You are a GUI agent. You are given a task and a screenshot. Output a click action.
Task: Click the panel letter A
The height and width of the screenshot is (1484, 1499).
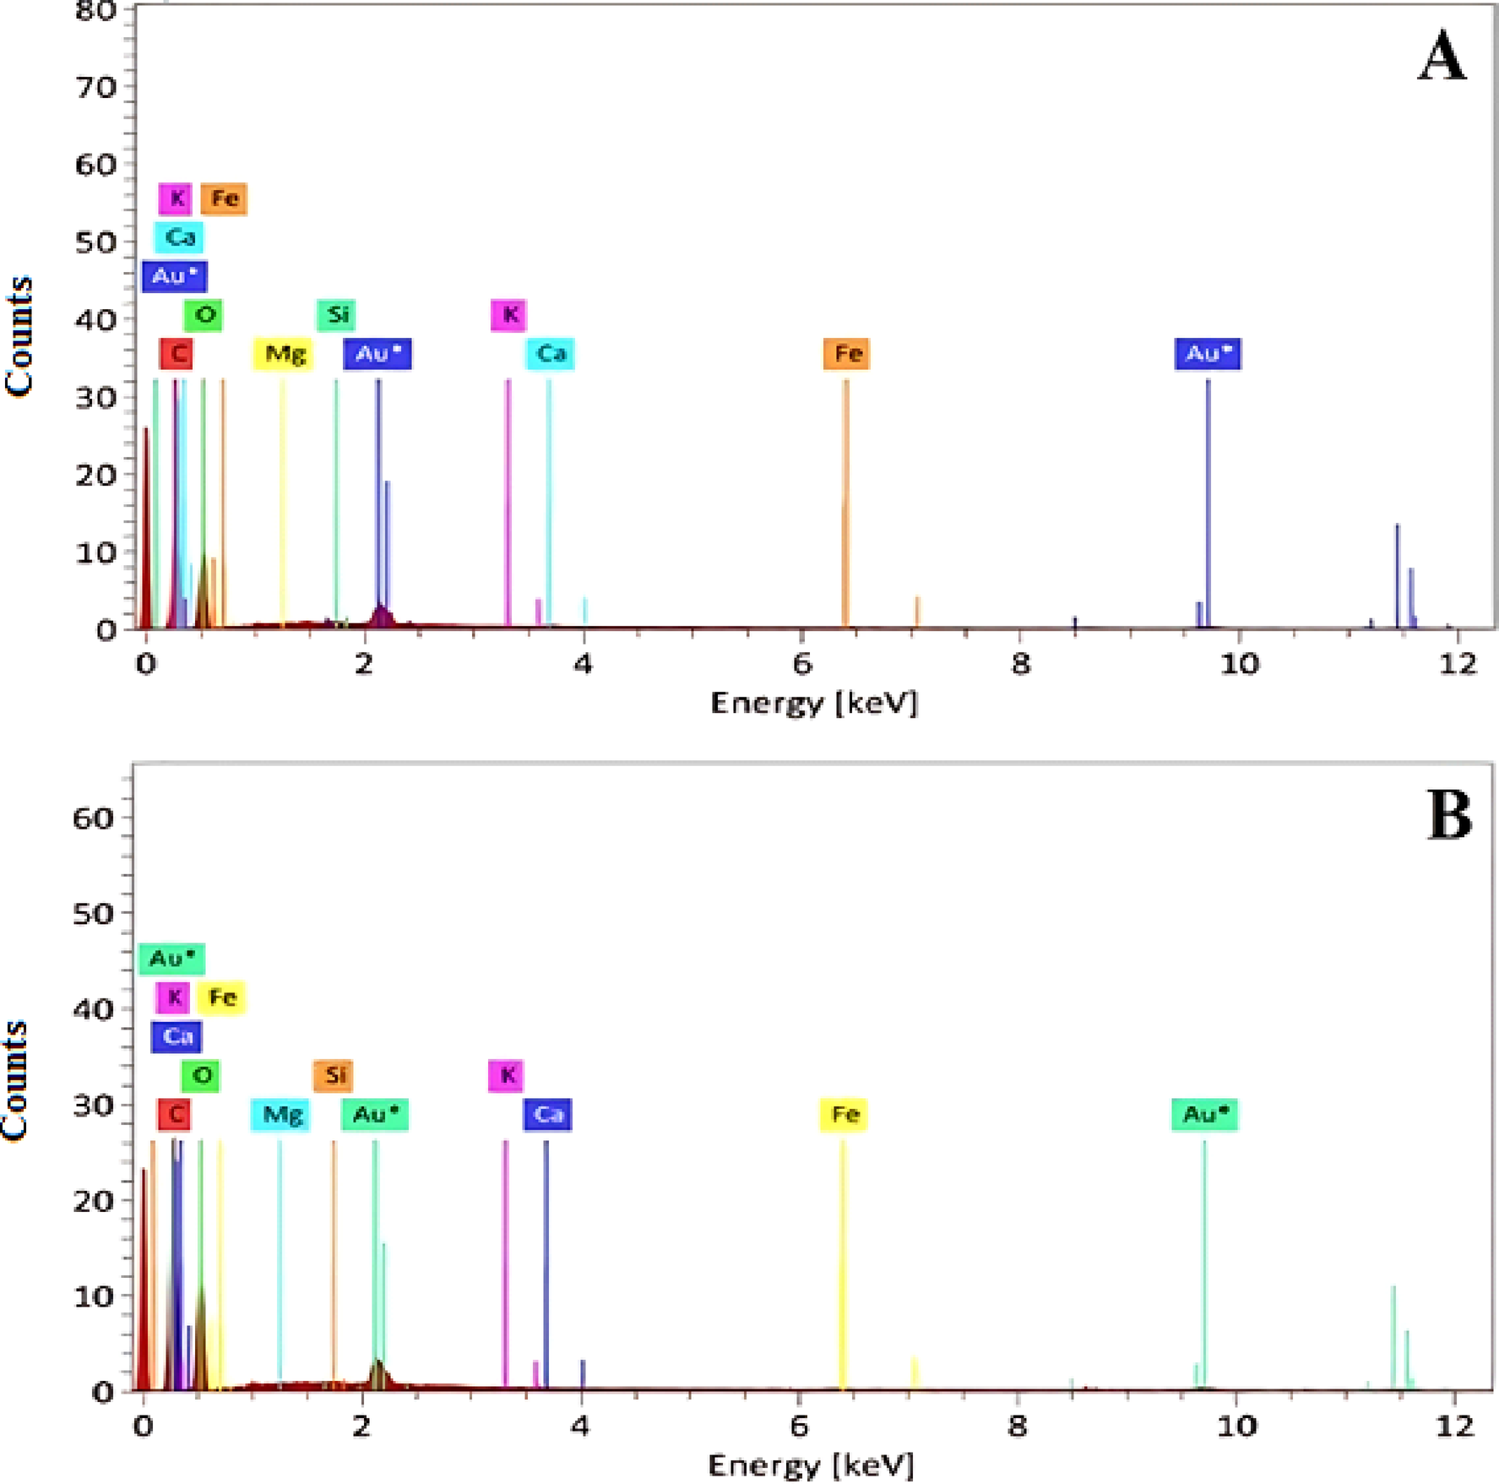[x=1442, y=57]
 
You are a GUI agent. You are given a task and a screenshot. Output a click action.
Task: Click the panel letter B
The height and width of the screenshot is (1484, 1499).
[x=1449, y=816]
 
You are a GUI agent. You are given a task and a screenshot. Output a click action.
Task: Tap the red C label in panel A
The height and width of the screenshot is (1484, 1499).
[x=177, y=353]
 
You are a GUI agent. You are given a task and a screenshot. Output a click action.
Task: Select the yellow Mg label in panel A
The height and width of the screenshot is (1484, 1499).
[x=284, y=353]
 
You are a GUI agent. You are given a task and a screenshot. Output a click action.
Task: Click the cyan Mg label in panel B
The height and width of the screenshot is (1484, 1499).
[x=281, y=1114]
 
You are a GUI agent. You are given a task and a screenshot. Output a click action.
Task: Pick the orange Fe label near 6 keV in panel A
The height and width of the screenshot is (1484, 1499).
[x=847, y=353]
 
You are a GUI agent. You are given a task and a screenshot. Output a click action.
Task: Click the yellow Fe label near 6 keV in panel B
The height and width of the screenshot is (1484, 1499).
[x=844, y=1114]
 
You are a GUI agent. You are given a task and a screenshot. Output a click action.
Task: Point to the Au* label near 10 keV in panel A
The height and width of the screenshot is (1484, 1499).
[x=1208, y=353]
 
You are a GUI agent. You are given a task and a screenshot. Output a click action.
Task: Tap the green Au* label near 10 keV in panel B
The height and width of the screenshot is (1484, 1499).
[x=1204, y=1114]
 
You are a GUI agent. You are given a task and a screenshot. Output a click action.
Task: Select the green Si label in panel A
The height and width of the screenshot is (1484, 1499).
[x=336, y=314]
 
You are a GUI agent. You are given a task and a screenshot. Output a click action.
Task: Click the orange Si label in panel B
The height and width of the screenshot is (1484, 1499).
[x=333, y=1075]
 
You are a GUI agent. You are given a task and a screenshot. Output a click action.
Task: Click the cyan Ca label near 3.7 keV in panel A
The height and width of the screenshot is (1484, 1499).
[x=550, y=353]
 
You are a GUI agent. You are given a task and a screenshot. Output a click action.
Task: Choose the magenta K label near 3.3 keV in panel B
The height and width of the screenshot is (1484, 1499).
[x=506, y=1075]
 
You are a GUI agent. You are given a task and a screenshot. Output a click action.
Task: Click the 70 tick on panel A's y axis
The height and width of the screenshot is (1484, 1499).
[x=95, y=86]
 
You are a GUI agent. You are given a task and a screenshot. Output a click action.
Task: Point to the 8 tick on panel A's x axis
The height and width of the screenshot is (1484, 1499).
[x=1020, y=664]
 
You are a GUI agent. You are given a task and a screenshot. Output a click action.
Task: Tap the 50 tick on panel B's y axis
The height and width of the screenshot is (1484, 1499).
[x=93, y=913]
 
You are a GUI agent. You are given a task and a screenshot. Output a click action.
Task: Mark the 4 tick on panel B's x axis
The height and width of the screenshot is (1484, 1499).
[x=579, y=1426]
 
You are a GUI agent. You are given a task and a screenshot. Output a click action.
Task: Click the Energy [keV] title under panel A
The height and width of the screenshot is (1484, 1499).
[x=813, y=703]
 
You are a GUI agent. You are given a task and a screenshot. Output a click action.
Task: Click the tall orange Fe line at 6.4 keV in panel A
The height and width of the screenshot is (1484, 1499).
[x=845, y=507]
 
